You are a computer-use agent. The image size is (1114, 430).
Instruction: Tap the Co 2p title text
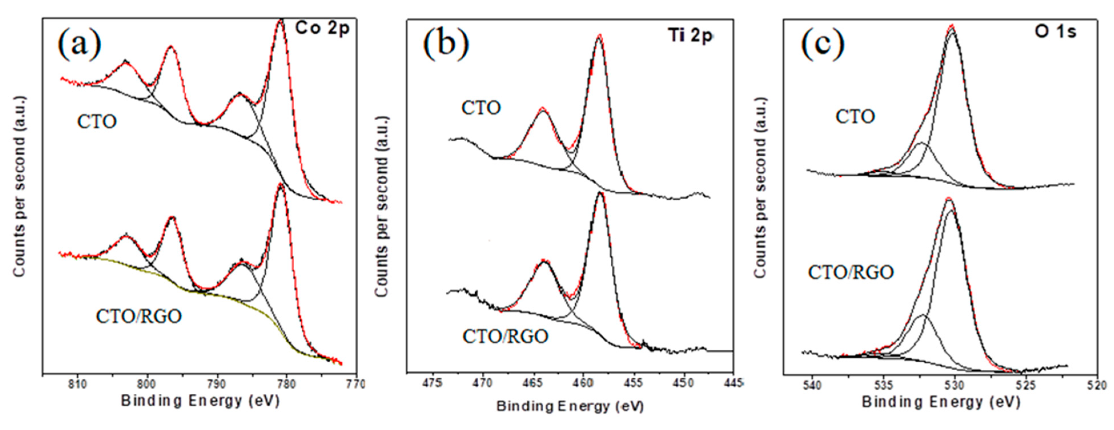pyautogui.click(x=322, y=29)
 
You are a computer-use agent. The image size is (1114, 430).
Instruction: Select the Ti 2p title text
pyautogui.click(x=690, y=35)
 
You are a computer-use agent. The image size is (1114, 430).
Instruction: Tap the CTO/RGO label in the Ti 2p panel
pyautogui.click(x=505, y=336)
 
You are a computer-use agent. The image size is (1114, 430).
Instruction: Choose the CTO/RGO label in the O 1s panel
pyautogui.click(x=851, y=272)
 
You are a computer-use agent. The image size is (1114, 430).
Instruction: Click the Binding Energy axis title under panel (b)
pyautogui.click(x=570, y=406)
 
